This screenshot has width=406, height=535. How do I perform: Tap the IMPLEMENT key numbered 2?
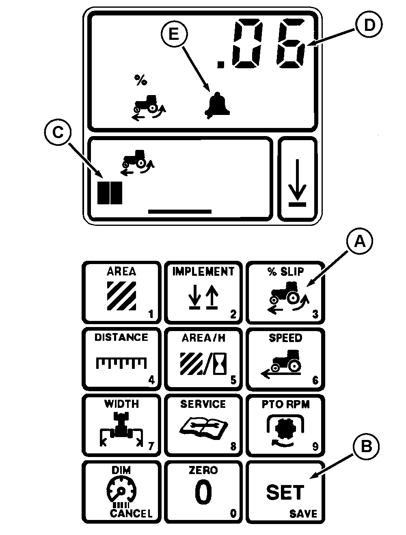[203, 292]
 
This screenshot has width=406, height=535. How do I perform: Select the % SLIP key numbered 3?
[285, 292]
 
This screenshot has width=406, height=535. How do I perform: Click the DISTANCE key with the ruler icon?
[121, 359]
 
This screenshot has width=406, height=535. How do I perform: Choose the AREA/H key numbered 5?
[203, 359]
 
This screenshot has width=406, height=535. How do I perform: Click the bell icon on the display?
[217, 105]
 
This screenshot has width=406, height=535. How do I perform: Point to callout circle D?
[369, 24]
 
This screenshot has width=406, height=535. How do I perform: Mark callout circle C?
[58, 132]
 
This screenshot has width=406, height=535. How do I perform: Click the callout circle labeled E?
[174, 34]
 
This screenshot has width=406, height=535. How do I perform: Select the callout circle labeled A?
[359, 241]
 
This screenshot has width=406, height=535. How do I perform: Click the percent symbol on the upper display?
[141, 80]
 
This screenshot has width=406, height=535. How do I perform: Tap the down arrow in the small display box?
[297, 183]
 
